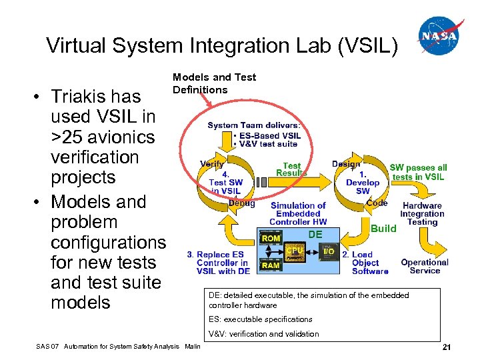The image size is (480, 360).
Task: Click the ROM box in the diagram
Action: (x=271, y=238)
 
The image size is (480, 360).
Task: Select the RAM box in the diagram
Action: (x=271, y=265)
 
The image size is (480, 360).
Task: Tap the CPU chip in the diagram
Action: (x=295, y=251)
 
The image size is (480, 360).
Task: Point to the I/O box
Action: (x=328, y=251)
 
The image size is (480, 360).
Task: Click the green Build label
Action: (x=383, y=228)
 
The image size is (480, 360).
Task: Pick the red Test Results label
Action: (x=291, y=169)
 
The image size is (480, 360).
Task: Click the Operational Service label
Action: (x=425, y=266)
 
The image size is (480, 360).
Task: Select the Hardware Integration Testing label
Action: (x=421, y=214)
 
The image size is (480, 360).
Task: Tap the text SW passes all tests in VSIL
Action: (x=418, y=172)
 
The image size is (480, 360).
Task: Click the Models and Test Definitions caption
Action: (x=214, y=83)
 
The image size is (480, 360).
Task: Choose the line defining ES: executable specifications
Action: (x=260, y=319)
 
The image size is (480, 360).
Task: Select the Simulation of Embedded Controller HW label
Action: (x=298, y=213)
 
